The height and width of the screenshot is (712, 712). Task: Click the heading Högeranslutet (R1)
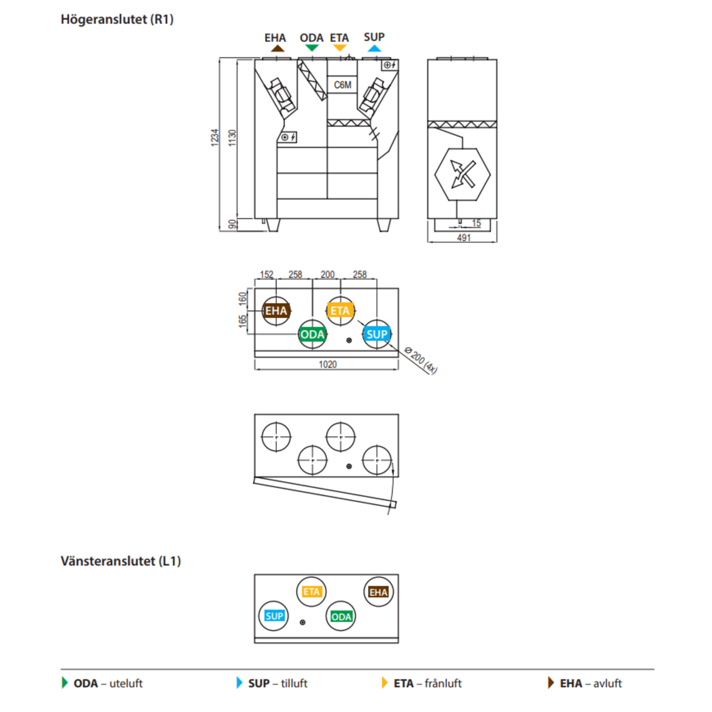coord(117,19)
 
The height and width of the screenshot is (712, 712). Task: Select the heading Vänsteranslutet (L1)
coord(120,561)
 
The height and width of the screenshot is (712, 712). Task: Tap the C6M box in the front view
coord(343,85)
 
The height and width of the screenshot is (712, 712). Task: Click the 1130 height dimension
coord(232,138)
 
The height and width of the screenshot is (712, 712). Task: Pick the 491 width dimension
coord(463,238)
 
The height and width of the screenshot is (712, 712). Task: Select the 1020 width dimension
coord(327,364)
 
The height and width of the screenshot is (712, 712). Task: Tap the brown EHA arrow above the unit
coord(277,48)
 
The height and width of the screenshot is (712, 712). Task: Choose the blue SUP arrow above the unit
coord(374,48)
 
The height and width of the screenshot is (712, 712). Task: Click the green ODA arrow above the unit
coord(311,48)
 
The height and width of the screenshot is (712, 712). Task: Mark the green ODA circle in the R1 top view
coord(312,334)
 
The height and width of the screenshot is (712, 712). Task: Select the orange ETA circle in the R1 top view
coord(340,311)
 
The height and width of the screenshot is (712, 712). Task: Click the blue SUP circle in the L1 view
coord(274,616)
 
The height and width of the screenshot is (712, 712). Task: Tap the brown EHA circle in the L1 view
coord(378,592)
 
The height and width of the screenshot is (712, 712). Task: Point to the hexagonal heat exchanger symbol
coord(462,174)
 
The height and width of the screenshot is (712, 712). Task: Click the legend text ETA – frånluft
coord(427,683)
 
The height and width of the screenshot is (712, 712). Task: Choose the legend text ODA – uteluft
coord(108,683)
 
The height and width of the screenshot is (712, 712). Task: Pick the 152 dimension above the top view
coord(266,274)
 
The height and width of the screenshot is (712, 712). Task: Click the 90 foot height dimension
coord(232,224)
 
